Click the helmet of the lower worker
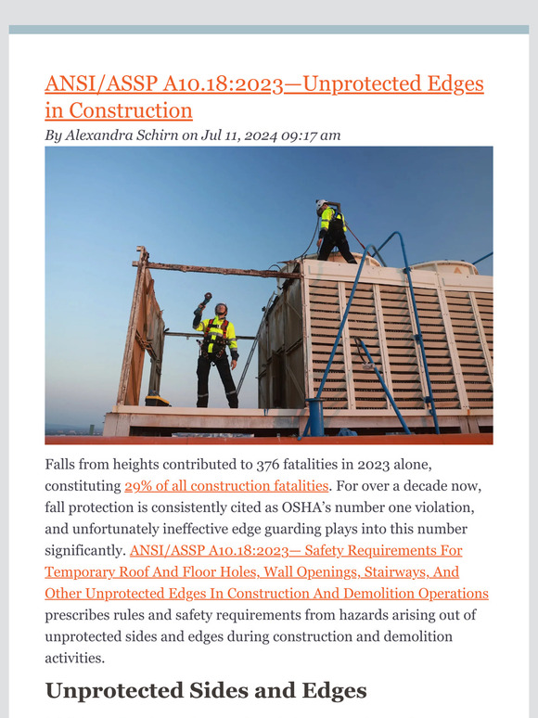[x=220, y=308]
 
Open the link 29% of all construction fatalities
[x=226, y=485]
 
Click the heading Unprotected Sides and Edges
[x=205, y=690]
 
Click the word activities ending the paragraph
[x=74, y=657]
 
